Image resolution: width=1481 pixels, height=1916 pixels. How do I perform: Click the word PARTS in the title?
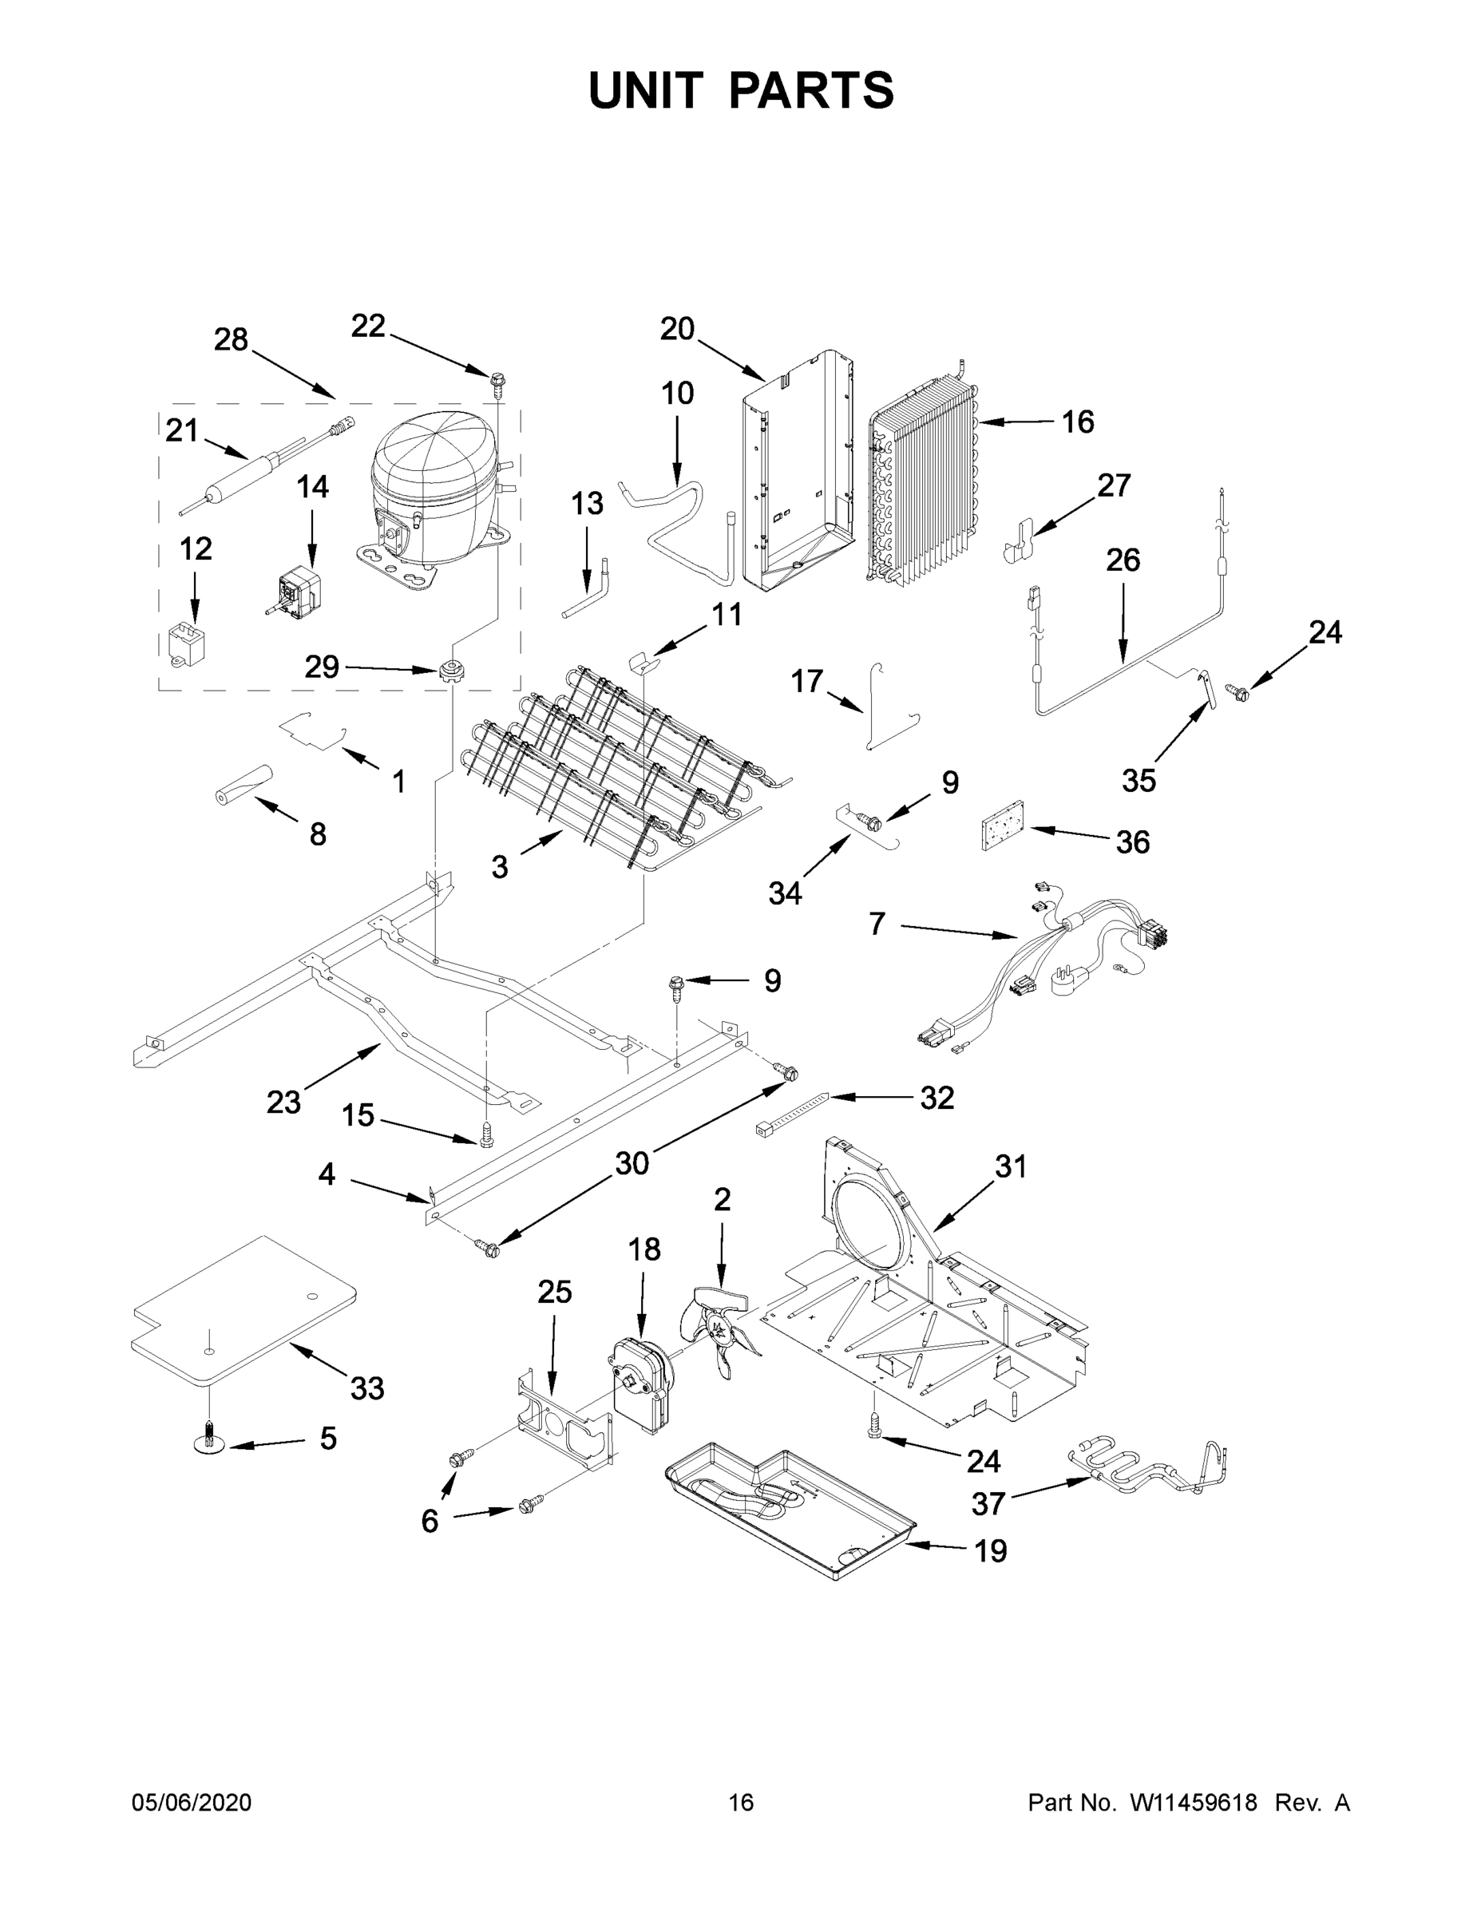pos(810,90)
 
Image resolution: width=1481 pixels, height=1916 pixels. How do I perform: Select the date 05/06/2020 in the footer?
pos(192,1802)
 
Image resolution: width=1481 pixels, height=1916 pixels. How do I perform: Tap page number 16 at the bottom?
pos(741,1802)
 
